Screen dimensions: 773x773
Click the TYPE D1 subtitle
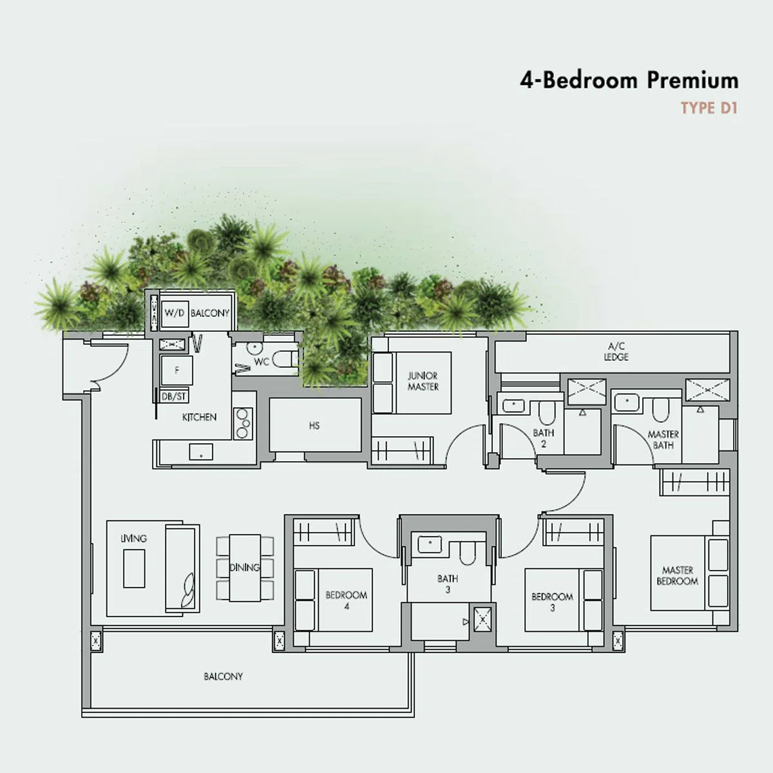tap(709, 108)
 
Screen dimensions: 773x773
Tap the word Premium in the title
tap(692, 81)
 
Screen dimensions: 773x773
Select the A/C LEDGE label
tap(616, 352)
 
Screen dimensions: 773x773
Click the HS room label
tap(314, 426)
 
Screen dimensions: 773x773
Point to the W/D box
tap(174, 313)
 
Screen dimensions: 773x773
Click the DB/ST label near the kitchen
tap(174, 396)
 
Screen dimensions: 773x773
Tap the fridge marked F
tap(176, 370)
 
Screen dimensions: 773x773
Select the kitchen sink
tap(200, 452)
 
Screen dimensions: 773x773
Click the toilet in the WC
tap(285, 359)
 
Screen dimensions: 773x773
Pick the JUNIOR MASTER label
tap(423, 381)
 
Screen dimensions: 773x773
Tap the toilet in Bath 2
tap(546, 412)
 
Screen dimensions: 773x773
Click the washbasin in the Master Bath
tap(627, 403)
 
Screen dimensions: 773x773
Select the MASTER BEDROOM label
tap(677, 575)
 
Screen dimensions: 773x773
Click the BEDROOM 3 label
tap(552, 602)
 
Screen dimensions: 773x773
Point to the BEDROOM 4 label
tap(346, 600)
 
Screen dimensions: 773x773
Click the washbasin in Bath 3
tap(430, 545)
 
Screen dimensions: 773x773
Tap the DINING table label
tap(244, 568)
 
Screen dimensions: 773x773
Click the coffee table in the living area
tap(134, 568)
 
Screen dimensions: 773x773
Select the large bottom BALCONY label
tap(223, 676)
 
